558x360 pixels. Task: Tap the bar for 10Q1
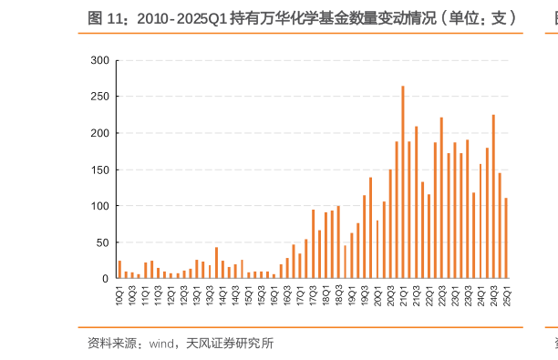coord(119,270)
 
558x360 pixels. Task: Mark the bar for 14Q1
coord(222,270)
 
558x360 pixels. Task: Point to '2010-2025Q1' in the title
coord(182,17)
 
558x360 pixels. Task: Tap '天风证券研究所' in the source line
coord(230,344)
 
